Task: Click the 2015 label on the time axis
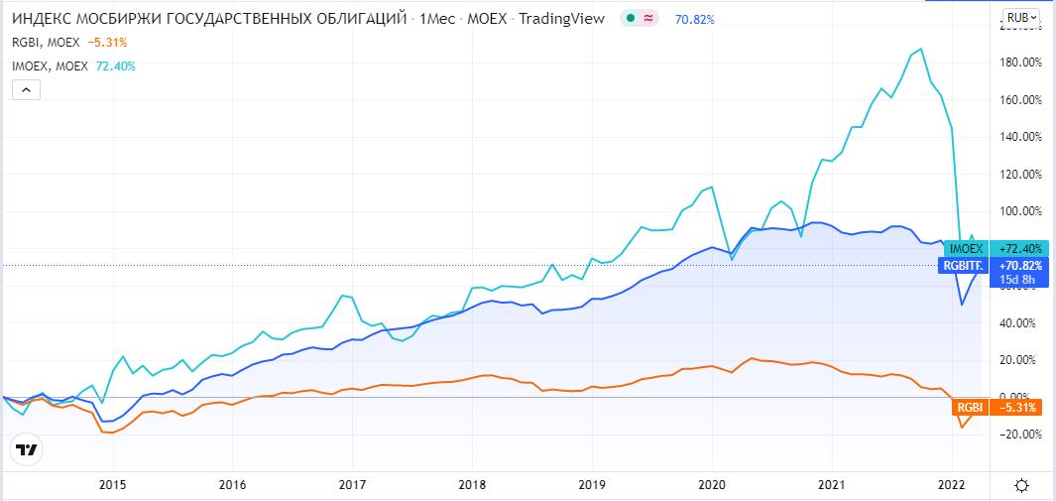[x=113, y=485]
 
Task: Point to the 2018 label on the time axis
[x=473, y=485]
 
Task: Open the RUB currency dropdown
[x=1020, y=17]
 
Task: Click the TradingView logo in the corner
[x=27, y=449]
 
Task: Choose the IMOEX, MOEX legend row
[x=73, y=65]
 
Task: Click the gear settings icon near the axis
[x=1021, y=485]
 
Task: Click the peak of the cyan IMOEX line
[x=922, y=49]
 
